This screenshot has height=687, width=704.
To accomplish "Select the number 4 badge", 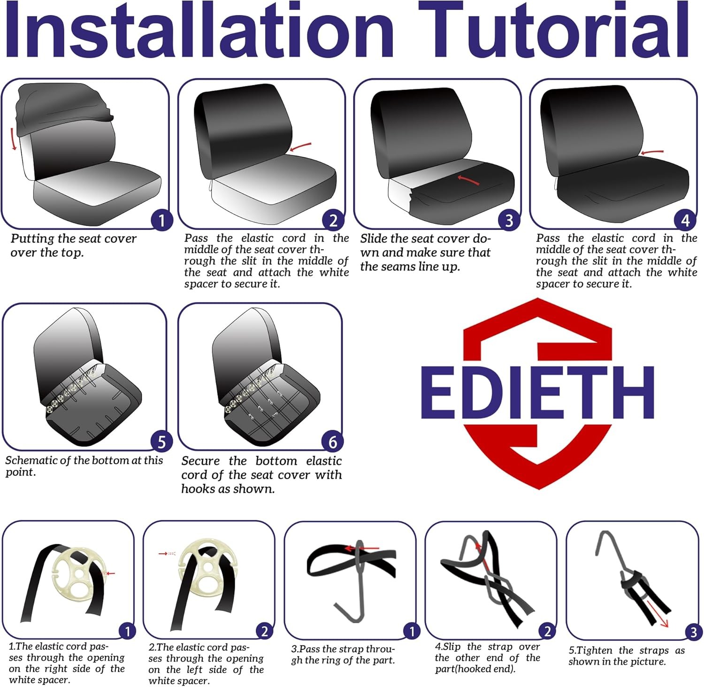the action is [x=685, y=220].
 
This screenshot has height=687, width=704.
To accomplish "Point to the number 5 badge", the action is [x=161, y=442].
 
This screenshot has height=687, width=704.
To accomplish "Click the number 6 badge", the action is [x=333, y=442].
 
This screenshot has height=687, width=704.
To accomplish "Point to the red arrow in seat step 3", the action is [x=468, y=179].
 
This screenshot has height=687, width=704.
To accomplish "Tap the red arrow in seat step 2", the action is [x=300, y=147].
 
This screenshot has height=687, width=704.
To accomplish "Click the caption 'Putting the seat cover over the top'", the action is [x=74, y=245].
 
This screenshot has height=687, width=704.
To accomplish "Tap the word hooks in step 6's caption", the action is [x=198, y=489].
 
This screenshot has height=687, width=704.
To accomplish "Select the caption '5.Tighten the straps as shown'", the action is [x=627, y=656].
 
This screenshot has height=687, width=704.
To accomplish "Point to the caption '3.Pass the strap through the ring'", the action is [x=343, y=655].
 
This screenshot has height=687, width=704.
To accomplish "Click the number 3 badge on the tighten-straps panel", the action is [x=693, y=632].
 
